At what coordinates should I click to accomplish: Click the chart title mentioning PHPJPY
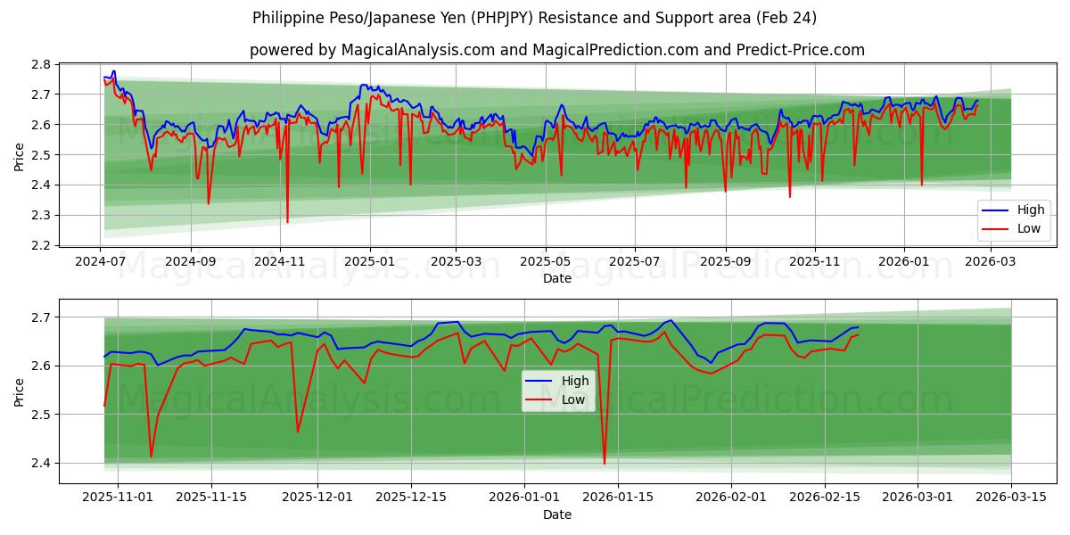tap(534, 18)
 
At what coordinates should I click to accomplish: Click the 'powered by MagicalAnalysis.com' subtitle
tap(556, 50)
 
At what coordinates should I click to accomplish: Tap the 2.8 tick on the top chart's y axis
tap(41, 64)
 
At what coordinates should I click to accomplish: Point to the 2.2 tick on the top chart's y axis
tap(41, 245)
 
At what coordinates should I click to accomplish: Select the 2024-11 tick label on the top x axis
tap(280, 262)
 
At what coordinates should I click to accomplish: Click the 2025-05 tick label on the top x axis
tap(545, 262)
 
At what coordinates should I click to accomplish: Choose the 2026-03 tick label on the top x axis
tap(985, 262)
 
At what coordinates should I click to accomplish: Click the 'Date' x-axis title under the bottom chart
tap(557, 514)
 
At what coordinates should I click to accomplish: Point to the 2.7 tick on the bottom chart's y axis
tap(41, 317)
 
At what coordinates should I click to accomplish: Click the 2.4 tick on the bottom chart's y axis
tap(41, 463)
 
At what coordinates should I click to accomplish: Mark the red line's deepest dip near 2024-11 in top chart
tap(287, 222)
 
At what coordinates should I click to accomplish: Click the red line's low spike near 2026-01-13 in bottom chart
tap(605, 463)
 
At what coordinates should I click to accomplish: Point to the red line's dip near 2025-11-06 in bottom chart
tap(151, 457)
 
